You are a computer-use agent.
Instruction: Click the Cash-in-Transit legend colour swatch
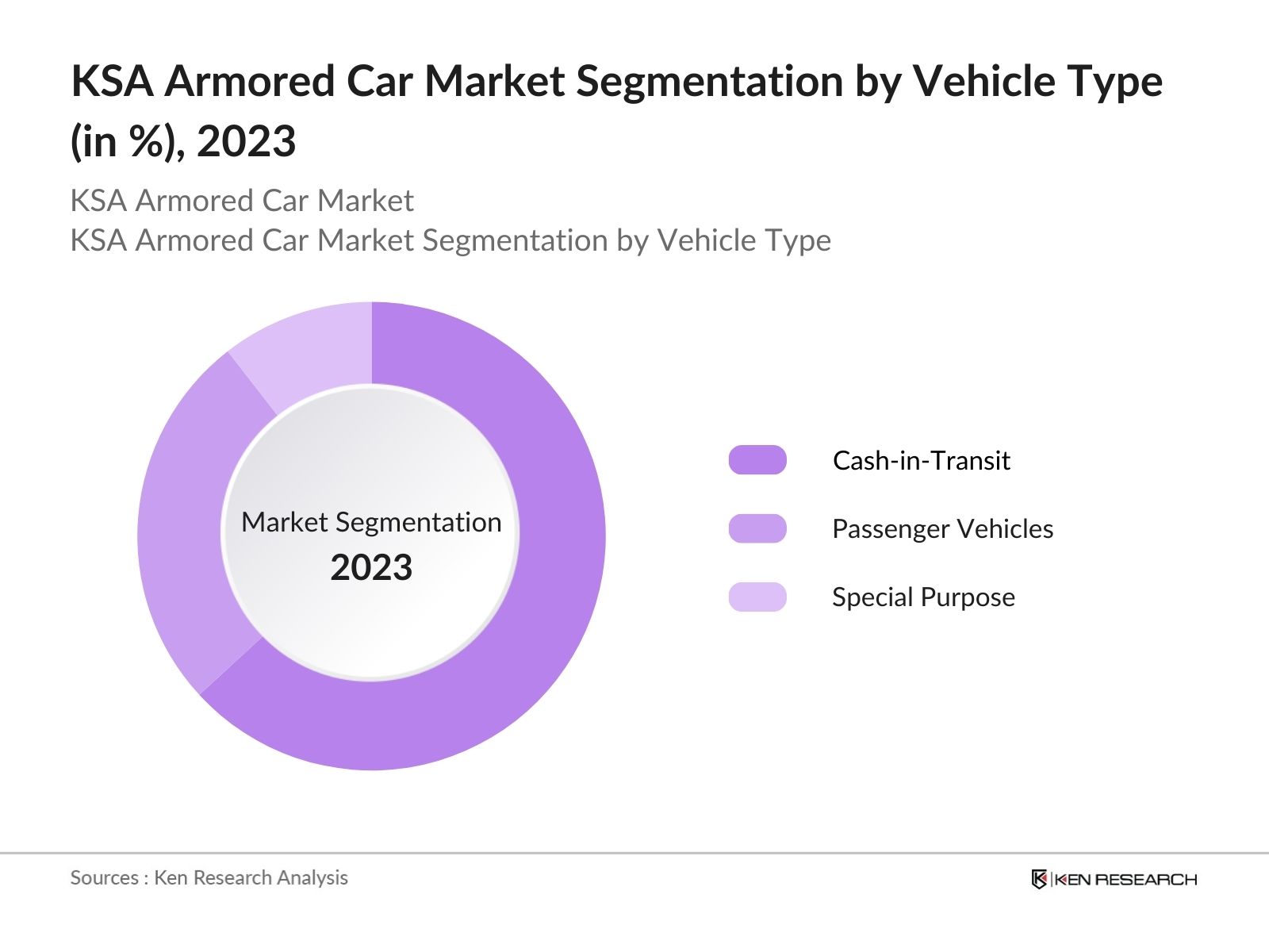click(757, 460)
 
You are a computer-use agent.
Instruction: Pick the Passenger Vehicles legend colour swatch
click(757, 528)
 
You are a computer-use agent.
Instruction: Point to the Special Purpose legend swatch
click(757, 597)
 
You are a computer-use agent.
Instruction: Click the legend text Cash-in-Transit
click(921, 460)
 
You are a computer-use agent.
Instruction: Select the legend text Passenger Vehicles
click(942, 528)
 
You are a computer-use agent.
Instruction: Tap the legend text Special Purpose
click(923, 597)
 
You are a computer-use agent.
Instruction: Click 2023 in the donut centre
click(371, 568)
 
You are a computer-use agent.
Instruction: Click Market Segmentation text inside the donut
click(371, 522)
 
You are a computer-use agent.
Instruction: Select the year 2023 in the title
click(246, 142)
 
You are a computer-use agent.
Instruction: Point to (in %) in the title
click(127, 142)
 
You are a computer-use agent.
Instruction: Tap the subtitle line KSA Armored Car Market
click(242, 201)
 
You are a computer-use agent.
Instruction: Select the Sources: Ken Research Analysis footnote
click(209, 877)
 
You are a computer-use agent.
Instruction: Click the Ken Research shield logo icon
click(1039, 879)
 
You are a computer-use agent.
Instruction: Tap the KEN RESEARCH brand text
click(1125, 879)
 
